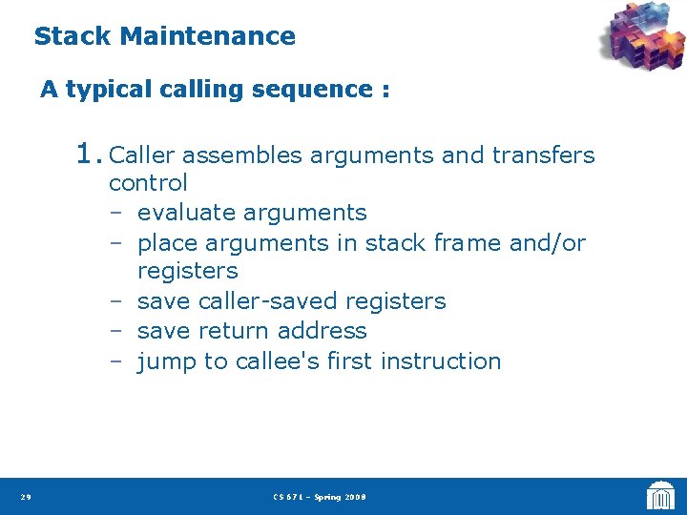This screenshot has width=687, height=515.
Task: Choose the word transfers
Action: coord(543,155)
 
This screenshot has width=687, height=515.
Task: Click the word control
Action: coord(148,183)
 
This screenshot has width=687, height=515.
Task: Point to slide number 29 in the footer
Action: coord(25,497)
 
